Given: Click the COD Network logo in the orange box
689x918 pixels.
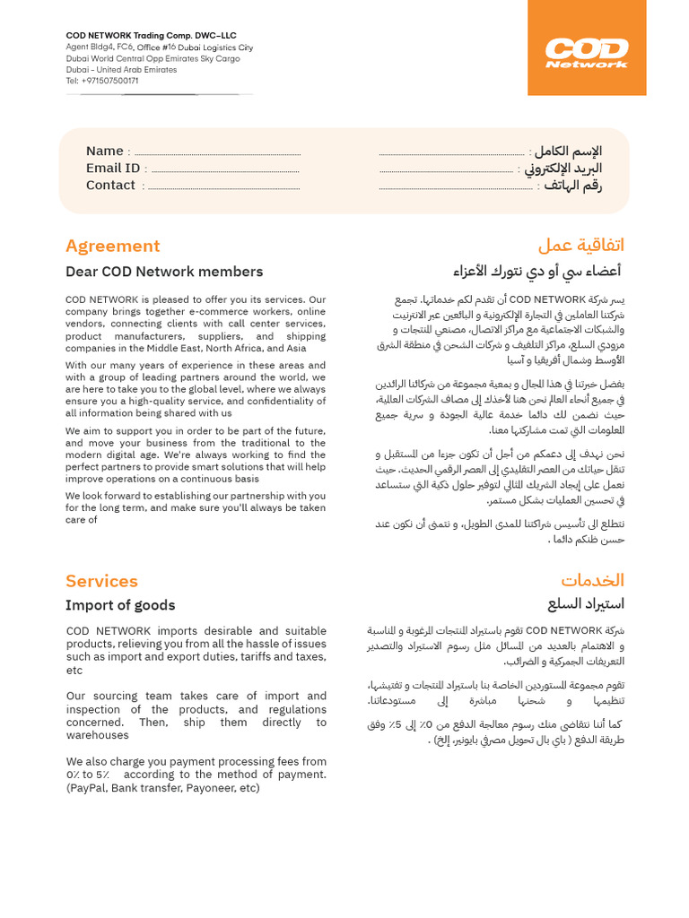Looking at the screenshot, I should [587, 53].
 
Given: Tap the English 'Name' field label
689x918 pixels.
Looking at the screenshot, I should [104, 151].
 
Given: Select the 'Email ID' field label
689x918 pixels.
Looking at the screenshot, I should [112, 168].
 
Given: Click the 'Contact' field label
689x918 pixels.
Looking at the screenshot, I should [110, 185].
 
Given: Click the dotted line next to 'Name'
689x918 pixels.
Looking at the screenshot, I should [217, 153].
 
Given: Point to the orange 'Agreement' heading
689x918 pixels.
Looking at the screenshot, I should [112, 246].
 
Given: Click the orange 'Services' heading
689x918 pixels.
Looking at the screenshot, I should [101, 581].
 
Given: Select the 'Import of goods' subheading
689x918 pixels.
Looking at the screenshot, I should [120, 605].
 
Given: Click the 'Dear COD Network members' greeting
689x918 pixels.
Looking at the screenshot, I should [164, 272].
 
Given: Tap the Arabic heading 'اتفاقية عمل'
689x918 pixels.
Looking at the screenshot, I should [580, 246].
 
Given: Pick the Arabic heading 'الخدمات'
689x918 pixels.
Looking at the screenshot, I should [592, 580].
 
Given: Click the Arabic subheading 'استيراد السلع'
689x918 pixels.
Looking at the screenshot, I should [586, 604].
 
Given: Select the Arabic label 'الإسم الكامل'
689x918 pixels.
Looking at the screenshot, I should [568, 151].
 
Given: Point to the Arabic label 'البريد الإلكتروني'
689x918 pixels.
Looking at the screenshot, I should [563, 168].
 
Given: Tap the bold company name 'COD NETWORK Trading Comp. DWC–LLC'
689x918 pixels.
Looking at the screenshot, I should [151, 36].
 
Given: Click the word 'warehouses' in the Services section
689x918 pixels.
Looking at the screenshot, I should [97, 735].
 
